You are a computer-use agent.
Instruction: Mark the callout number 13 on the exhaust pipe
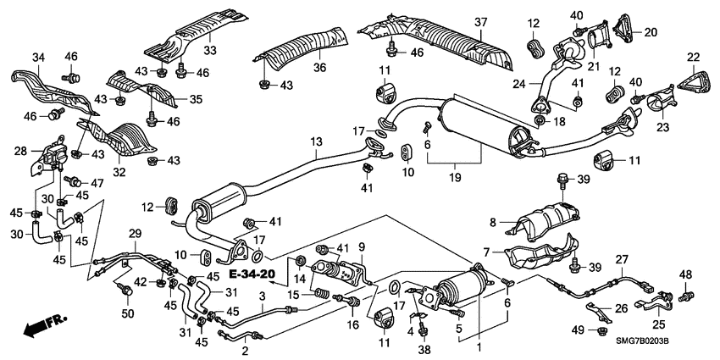316,141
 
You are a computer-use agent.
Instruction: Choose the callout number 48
685,274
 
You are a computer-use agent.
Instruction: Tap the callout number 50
128,314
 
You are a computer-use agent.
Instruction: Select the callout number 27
621,259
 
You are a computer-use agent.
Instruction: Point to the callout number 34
38,57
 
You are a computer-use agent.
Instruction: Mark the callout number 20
651,32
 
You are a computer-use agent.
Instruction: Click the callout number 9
362,246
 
